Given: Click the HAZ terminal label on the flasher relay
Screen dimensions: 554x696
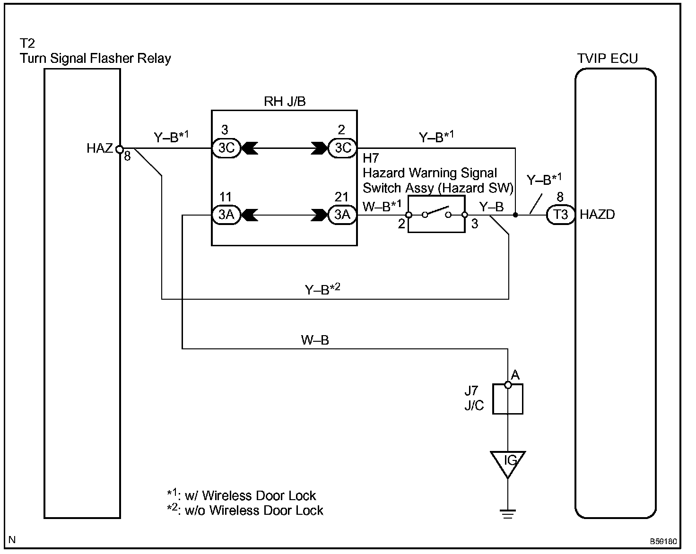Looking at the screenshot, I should pyautogui.click(x=99, y=148).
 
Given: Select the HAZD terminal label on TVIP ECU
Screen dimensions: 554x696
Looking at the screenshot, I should pyautogui.click(x=597, y=215).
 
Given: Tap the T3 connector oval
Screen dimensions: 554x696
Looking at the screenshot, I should pyautogui.click(x=560, y=215).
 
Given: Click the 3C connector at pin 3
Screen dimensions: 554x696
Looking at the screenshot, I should pyautogui.click(x=226, y=148).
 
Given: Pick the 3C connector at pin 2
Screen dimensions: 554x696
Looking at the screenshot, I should pyautogui.click(x=342, y=148).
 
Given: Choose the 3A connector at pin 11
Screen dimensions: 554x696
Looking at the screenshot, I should pyautogui.click(x=226, y=215).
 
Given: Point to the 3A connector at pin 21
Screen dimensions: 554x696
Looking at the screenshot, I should pyautogui.click(x=342, y=215).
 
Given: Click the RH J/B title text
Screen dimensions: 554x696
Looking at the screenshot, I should pyautogui.click(x=285, y=102).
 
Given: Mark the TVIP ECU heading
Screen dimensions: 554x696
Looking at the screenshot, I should pyautogui.click(x=607, y=59).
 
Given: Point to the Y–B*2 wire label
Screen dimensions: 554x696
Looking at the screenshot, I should pyautogui.click(x=322, y=289).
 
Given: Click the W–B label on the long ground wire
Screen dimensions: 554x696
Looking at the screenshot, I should pyautogui.click(x=314, y=340).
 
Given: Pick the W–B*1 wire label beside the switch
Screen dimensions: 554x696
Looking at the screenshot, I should pyautogui.click(x=382, y=207).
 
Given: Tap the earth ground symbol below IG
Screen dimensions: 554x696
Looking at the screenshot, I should pyautogui.click(x=508, y=514).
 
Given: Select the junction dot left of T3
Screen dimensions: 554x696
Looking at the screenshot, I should pyautogui.click(x=515, y=215).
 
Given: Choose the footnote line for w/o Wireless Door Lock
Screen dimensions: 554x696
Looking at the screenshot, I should pyautogui.click(x=245, y=511).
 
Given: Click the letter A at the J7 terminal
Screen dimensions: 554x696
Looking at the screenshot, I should pyautogui.click(x=515, y=375).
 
